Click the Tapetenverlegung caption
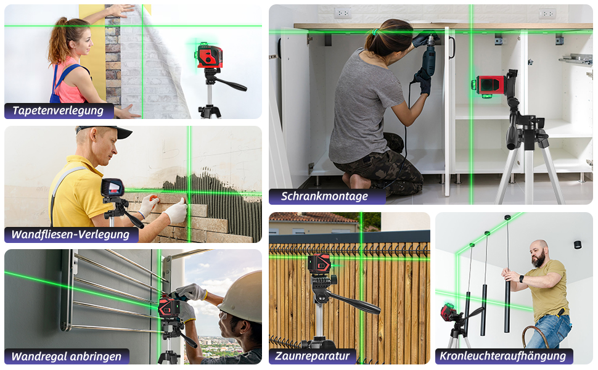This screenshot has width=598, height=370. click(58, 110)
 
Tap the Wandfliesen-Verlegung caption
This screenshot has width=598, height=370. click(70, 234)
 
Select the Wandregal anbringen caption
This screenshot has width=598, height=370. click(67, 356)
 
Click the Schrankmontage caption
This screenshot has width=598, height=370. click(324, 196)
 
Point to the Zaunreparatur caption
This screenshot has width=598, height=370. click(313, 356)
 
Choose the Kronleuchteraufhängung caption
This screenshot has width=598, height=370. click(503, 356)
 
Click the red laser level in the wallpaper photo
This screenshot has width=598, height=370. click(210, 56)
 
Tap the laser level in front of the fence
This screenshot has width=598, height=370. click(319, 265)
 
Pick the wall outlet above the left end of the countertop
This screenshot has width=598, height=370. click(343, 14)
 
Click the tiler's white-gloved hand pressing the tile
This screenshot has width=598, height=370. click(176, 210)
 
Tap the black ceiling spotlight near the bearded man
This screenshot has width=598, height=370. click(578, 244)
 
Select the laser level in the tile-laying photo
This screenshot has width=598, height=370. click(112, 187)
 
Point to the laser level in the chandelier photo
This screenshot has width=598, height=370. click(450, 312)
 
